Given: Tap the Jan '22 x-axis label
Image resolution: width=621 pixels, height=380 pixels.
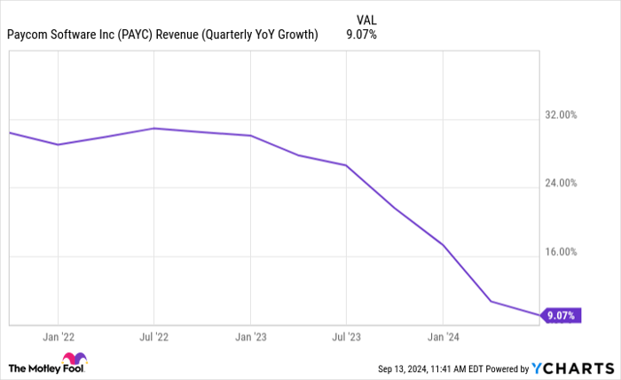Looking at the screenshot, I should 58,337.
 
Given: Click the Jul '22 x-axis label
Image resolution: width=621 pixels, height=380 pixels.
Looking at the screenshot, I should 154,337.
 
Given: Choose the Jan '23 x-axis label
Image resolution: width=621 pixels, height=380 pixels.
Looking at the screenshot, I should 250,337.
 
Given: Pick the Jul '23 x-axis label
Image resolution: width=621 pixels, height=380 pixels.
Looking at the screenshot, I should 346,337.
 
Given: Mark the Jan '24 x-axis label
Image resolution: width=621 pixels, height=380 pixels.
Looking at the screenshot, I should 443,337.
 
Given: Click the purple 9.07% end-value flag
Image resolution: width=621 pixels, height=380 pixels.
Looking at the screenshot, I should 561,315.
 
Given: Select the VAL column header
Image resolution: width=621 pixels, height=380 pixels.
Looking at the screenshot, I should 366,18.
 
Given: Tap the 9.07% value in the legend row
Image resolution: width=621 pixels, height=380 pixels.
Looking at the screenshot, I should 360,36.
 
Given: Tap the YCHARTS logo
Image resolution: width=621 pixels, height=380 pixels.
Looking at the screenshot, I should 570,368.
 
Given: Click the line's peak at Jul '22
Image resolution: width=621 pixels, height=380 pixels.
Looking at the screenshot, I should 154,128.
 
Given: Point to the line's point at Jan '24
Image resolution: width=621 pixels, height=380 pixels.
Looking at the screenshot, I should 443,244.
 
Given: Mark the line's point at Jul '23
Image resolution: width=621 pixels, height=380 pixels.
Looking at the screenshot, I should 346,165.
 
